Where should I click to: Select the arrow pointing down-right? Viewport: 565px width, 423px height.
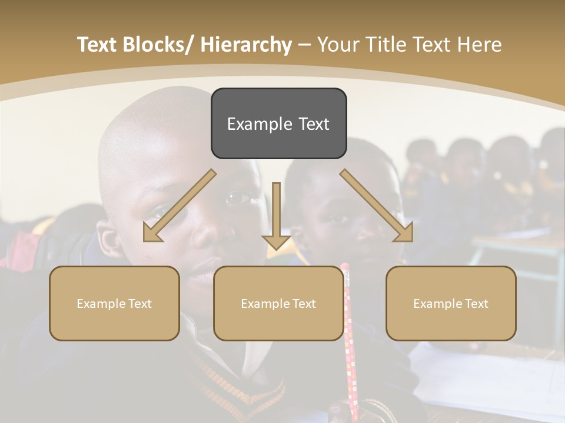point(377,206)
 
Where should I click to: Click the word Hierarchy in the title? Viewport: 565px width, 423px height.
point(246,45)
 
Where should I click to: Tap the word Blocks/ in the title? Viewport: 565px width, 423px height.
point(161,45)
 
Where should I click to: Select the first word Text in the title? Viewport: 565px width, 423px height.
point(98,45)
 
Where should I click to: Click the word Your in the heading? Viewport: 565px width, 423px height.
point(337,45)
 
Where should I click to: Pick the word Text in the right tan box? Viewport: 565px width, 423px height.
point(475,304)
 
